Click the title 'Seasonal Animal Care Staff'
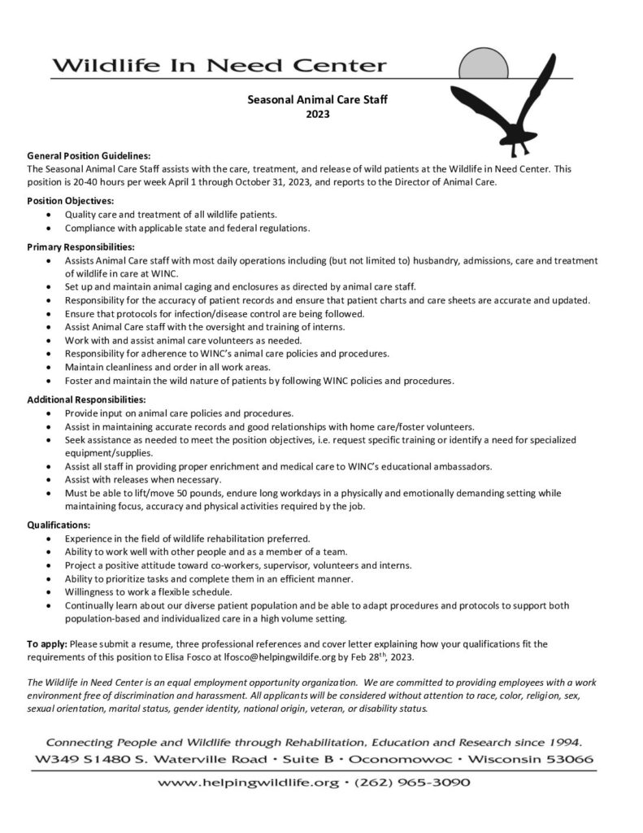(x=317, y=100)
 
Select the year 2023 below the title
(x=317, y=115)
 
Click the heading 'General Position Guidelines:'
(x=89, y=155)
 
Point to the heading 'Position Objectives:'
(x=71, y=200)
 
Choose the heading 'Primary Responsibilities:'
(x=80, y=246)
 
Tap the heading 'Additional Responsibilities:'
(x=86, y=400)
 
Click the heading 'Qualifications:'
(x=59, y=525)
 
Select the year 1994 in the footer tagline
(x=561, y=743)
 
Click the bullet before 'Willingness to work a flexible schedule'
(x=53, y=592)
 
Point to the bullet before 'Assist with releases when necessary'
(x=53, y=480)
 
